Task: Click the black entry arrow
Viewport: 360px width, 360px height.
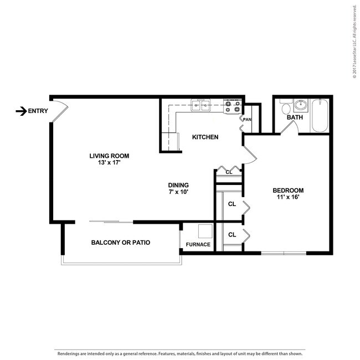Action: click(x=22, y=111)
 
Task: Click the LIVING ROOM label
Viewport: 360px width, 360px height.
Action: click(x=105, y=156)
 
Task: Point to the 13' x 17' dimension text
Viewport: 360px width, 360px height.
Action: click(x=105, y=163)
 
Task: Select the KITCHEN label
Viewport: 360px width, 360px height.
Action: click(x=205, y=137)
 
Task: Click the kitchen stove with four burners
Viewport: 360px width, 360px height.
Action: click(x=233, y=106)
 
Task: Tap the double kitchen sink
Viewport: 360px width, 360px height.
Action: click(x=200, y=105)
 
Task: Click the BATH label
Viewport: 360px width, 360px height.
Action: click(x=294, y=117)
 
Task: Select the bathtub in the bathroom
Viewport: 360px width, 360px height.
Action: click(x=320, y=115)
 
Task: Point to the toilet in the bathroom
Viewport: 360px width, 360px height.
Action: click(x=283, y=107)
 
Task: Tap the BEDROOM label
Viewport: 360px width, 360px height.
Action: click(x=288, y=190)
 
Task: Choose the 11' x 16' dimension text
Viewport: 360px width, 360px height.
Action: click(x=288, y=197)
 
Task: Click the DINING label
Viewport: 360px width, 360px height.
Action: click(x=179, y=185)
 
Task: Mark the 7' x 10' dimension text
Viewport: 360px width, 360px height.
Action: click(x=179, y=192)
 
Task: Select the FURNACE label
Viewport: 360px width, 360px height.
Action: click(x=198, y=244)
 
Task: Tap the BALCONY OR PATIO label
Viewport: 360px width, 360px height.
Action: click(x=121, y=243)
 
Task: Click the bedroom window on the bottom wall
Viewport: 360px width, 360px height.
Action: click(x=284, y=253)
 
